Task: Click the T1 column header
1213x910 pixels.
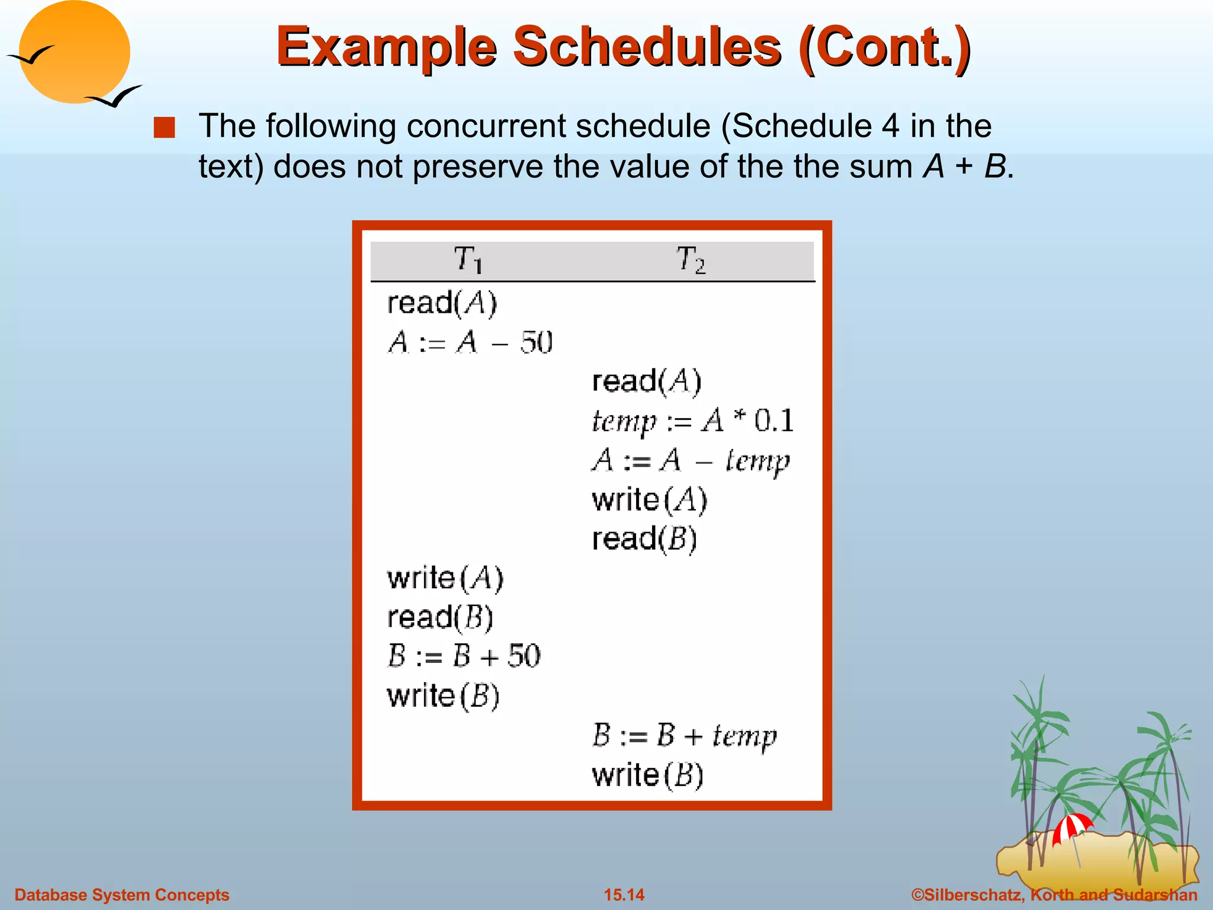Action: [x=468, y=260]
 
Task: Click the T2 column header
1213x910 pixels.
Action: [x=691, y=260]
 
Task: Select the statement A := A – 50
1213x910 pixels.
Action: [x=470, y=343]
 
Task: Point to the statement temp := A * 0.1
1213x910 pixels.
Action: [x=692, y=421]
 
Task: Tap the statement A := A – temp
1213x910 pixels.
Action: [x=691, y=461]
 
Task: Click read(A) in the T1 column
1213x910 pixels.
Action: [x=442, y=303]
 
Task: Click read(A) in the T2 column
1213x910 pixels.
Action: [x=647, y=382]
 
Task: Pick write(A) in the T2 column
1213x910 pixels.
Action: [x=650, y=500]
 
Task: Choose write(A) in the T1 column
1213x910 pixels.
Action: [x=445, y=578]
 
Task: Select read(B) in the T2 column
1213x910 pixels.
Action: [x=644, y=539]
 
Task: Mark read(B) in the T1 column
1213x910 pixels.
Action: [x=440, y=617]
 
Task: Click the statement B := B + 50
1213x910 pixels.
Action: [x=464, y=656]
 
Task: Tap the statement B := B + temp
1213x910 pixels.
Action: [x=684, y=736]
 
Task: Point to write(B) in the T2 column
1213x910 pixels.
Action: [x=647, y=775]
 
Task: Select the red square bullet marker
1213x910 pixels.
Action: [x=164, y=128]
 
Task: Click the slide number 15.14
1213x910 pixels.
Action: [x=624, y=895]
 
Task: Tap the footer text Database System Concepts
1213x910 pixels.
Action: [x=122, y=895]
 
